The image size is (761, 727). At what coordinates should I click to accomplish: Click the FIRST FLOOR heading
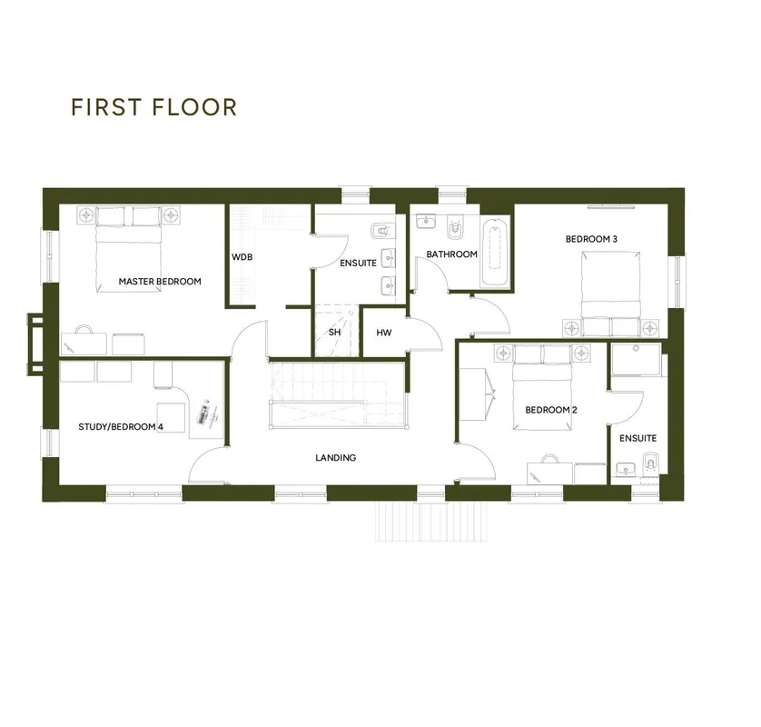(153, 107)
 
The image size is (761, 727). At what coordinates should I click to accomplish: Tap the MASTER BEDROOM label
(160, 281)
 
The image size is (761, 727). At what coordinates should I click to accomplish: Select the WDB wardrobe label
(242, 257)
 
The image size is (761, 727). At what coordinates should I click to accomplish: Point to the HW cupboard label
(384, 333)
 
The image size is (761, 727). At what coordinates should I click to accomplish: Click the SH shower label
(334, 333)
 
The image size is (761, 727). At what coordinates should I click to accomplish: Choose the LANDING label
(335, 457)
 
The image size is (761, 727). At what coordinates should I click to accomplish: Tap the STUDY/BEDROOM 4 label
(121, 427)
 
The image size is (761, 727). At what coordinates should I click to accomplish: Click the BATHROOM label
(452, 254)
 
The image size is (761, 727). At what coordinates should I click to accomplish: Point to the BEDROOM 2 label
(551, 410)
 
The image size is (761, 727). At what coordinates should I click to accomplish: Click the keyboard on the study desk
(203, 412)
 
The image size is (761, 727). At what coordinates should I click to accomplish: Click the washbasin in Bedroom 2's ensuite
(626, 470)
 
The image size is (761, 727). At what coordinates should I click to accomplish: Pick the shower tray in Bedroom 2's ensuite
(637, 359)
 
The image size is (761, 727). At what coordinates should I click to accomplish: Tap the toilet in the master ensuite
(383, 231)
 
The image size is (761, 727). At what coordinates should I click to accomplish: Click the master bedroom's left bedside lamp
(86, 214)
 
